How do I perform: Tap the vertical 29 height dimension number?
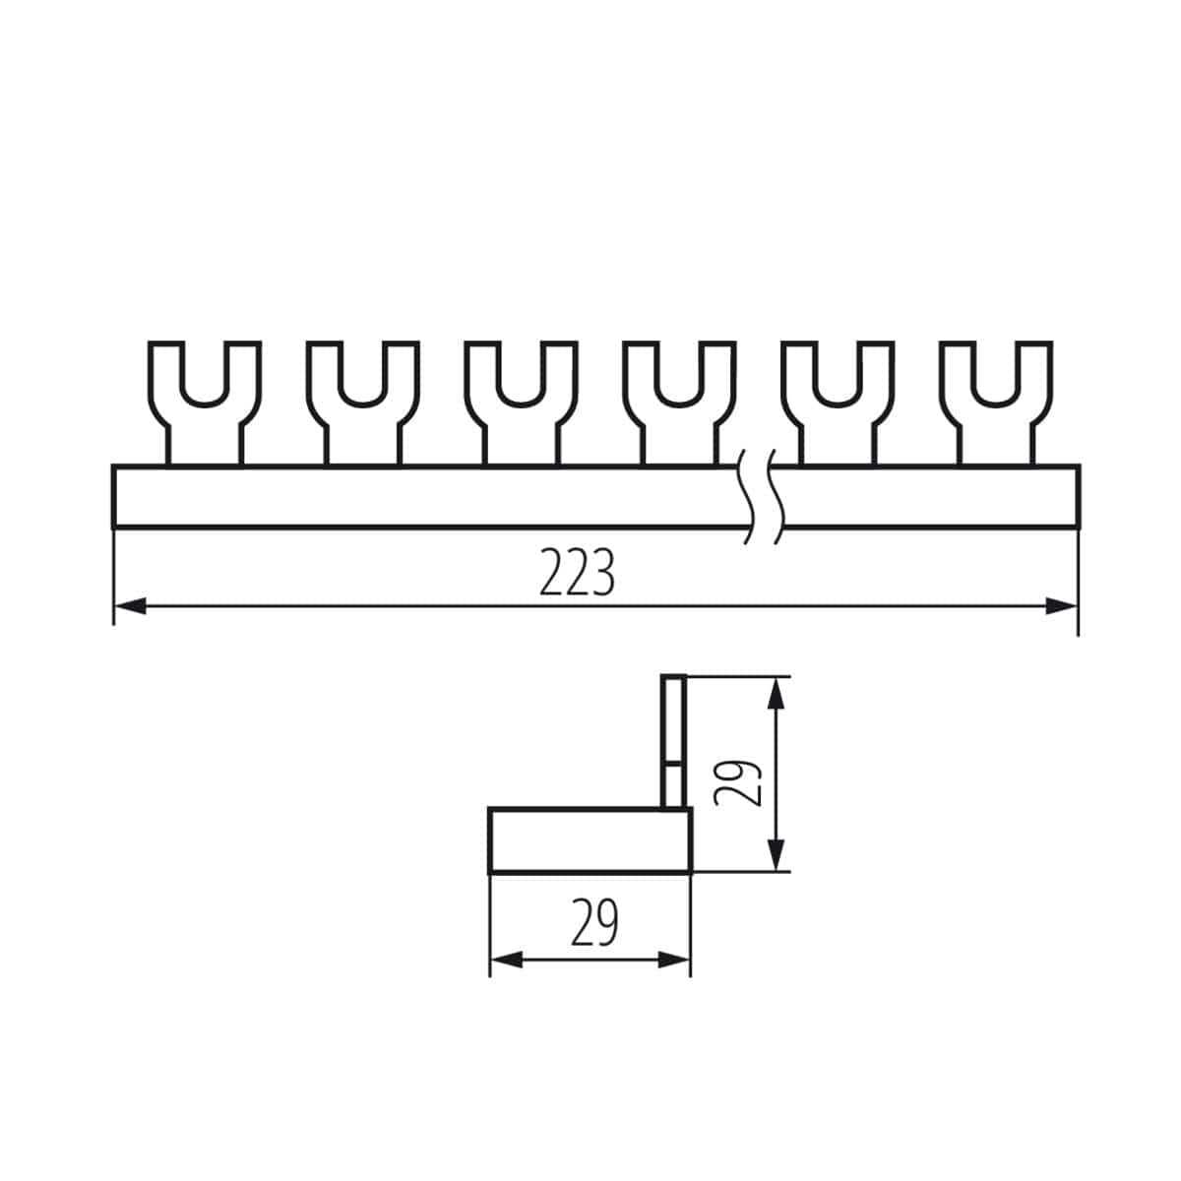point(739,782)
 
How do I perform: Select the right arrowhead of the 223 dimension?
point(1061,606)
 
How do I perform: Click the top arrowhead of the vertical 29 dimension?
point(777,695)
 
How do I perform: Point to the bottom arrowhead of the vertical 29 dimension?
point(777,852)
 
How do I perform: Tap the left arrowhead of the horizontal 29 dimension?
point(506,960)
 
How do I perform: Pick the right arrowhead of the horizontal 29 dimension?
point(674,960)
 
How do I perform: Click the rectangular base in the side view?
point(590,840)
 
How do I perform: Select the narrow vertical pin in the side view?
point(673,738)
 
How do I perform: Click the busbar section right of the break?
point(930,496)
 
